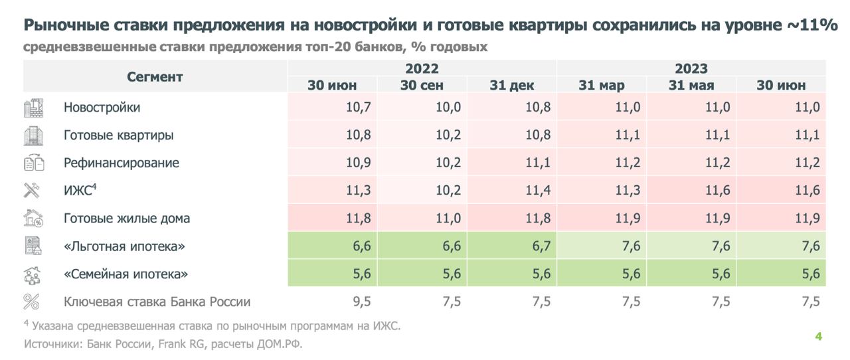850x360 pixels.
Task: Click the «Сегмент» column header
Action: (155, 76)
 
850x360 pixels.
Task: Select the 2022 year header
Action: (422, 68)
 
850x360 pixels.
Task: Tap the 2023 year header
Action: (691, 68)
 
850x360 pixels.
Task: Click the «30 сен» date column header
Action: (422, 85)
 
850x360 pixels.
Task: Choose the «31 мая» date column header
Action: (691, 85)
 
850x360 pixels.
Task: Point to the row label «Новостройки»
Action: (102, 108)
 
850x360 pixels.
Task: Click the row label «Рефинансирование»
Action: (122, 163)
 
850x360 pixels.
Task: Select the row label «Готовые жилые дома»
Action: (127, 219)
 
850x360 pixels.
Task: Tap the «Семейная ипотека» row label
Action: (126, 274)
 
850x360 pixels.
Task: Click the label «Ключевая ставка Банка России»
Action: (157, 302)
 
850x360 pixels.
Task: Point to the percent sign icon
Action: (32, 302)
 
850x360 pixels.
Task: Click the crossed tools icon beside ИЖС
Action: (32, 191)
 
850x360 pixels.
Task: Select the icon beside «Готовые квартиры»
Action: (33, 135)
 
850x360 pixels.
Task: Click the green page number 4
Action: (819, 337)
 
